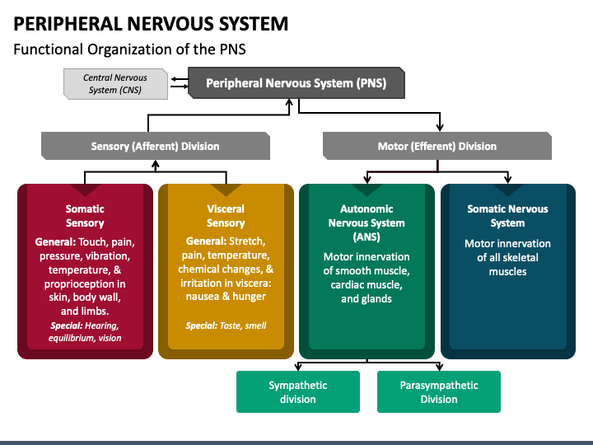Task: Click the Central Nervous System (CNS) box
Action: coord(116,84)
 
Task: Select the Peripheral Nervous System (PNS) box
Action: coord(296,83)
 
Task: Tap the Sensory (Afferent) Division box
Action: coord(156,146)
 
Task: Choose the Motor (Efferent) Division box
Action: coord(437,146)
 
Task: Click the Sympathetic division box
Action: coord(298,391)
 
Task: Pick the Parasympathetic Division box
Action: coord(439,391)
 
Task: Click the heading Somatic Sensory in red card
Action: coord(85,216)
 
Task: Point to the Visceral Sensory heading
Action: coord(226,216)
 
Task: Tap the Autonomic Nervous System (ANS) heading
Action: coord(367,222)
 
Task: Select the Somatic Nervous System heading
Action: coord(507,216)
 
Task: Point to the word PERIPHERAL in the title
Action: coord(68,24)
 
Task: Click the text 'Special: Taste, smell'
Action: coord(226,326)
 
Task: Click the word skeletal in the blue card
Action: coord(520,258)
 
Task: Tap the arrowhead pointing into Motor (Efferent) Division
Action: coord(440,128)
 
